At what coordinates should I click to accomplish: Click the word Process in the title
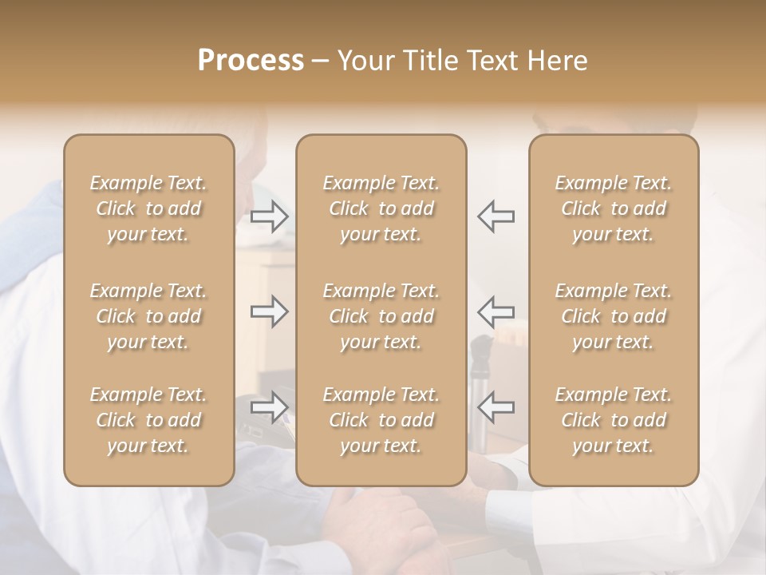coord(251,61)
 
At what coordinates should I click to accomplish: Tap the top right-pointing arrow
coord(270,216)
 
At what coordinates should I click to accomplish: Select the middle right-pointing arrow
coord(270,311)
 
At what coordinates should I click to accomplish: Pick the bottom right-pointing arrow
coord(270,407)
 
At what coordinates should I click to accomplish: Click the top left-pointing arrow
coord(496,216)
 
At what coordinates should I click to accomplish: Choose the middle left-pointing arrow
coord(496,311)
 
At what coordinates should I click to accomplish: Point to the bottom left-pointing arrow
coord(496,407)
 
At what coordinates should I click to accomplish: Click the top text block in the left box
coord(148,208)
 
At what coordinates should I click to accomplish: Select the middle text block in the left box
coord(148,316)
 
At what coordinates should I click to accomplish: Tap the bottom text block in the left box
coord(148,420)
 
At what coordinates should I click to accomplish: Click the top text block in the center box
coord(381,208)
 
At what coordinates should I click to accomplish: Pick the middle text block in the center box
coord(381,316)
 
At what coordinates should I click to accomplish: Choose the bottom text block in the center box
coord(381,420)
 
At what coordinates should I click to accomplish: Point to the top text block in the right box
coord(614,208)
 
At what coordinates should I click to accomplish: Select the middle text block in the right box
coord(614,316)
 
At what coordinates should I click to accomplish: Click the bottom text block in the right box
coord(614,420)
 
